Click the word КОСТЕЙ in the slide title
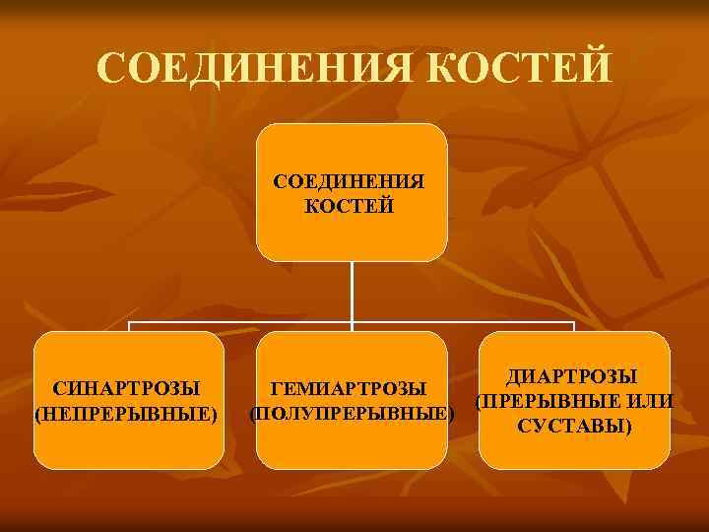point(523,68)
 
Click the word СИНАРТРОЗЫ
point(126,388)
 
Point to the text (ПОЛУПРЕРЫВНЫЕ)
point(352,413)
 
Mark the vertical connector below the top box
point(352,291)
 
